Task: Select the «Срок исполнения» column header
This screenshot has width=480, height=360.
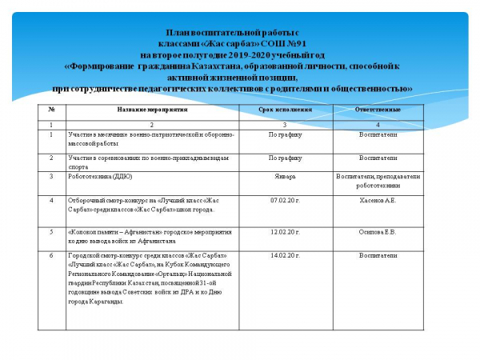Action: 284,110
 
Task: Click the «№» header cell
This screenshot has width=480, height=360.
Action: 51,110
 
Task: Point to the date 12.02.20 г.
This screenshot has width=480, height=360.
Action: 284,232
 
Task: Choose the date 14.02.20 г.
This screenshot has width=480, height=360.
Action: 284,256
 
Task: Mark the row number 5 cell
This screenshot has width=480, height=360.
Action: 51,232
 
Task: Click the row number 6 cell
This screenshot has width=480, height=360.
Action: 51,256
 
